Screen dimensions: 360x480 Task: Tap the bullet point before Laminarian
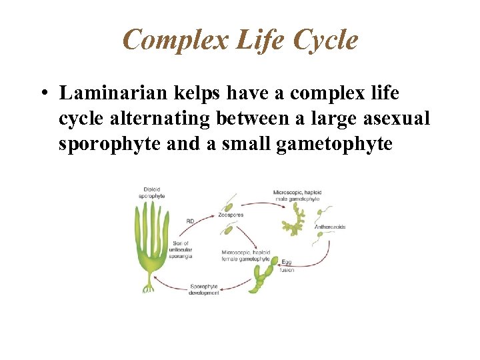42,93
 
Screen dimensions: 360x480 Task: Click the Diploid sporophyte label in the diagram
151,193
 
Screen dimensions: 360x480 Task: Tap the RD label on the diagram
190,220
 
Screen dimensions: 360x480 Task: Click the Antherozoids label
329,227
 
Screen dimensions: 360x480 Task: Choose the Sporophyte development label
204,289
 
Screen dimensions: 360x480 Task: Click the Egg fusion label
287,266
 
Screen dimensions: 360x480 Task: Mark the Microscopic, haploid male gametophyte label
296,195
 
